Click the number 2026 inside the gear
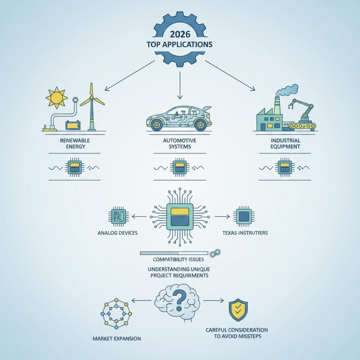pos(180,34)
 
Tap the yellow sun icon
pos(57,98)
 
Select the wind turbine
pos(92,107)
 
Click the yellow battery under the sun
pos(73,126)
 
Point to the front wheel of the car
pos(157,125)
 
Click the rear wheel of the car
pos(200,125)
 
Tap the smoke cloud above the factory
pos(287,90)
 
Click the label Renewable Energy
pos(75,144)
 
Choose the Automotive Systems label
pos(180,144)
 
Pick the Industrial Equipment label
pos(285,144)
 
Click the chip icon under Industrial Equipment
pos(285,167)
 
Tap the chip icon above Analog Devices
pos(118,216)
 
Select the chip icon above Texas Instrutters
pos(244,216)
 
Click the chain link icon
pos(215,253)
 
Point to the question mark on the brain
pos(180,300)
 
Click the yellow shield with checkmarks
pos(238,310)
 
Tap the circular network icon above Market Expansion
pos(116,314)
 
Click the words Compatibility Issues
pos(178,260)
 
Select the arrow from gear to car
pos(180,85)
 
